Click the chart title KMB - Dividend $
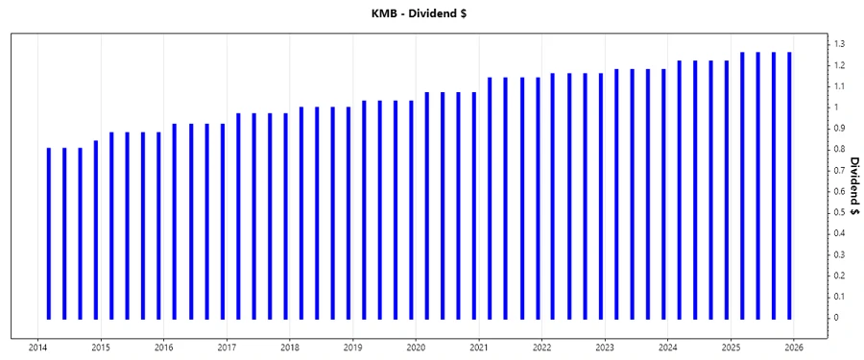pos(432,13)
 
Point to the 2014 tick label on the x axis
pos(38,348)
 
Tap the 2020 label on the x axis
pos(416,348)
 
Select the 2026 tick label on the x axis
pos(793,348)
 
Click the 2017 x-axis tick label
pos(227,348)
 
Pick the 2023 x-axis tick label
pos(605,348)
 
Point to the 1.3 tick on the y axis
pos(840,44)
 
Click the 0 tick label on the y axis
pos(836,318)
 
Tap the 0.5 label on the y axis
pos(840,212)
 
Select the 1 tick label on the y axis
pos(836,108)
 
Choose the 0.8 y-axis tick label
pos(840,149)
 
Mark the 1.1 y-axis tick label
pos(840,86)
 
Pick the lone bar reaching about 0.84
pos(96,229)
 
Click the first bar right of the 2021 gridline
pos(490,198)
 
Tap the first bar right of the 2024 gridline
pos(679,189)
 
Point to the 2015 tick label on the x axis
pos(101,348)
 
